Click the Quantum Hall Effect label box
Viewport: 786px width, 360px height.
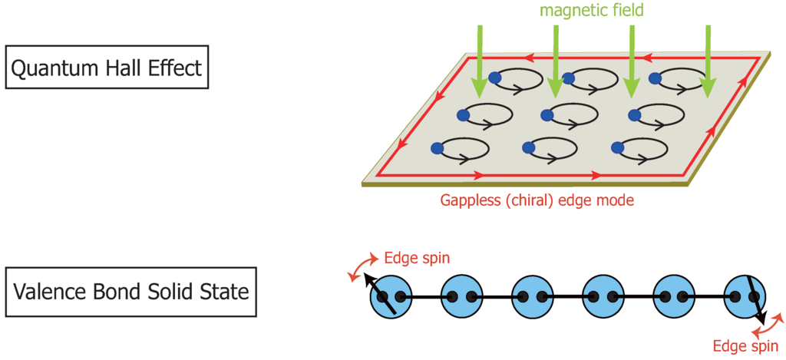[x=107, y=69]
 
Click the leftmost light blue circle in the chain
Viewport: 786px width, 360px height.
[x=391, y=296]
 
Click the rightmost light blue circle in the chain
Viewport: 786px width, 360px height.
[x=745, y=296]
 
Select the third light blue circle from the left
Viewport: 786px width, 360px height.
[x=532, y=296]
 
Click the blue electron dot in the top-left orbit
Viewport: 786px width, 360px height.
[x=495, y=78]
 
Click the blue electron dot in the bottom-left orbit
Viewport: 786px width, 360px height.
[x=438, y=147]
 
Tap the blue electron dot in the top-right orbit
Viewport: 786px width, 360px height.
[x=656, y=78]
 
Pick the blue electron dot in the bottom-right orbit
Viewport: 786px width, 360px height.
[x=616, y=147]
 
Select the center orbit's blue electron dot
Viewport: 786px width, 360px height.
[x=547, y=115]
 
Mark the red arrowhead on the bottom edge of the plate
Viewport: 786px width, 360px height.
[x=479, y=175]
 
